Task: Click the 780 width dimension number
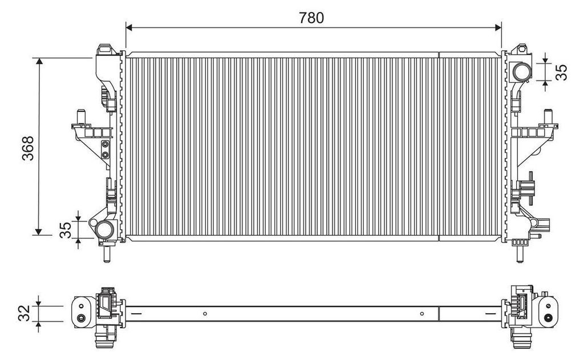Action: pos(311,18)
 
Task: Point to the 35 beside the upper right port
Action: pos(561,72)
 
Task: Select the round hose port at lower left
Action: pos(104,229)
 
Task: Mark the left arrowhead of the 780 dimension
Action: pos(129,27)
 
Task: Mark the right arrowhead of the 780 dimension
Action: pos(498,27)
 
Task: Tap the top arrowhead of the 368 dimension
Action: pos(39,62)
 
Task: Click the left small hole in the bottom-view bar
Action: pos(204,312)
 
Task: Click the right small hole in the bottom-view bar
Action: pos(421,312)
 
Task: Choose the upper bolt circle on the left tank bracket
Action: pos(105,145)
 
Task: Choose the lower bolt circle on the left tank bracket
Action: pos(105,155)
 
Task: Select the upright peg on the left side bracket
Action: pos(82,116)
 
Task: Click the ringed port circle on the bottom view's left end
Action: pos(82,318)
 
